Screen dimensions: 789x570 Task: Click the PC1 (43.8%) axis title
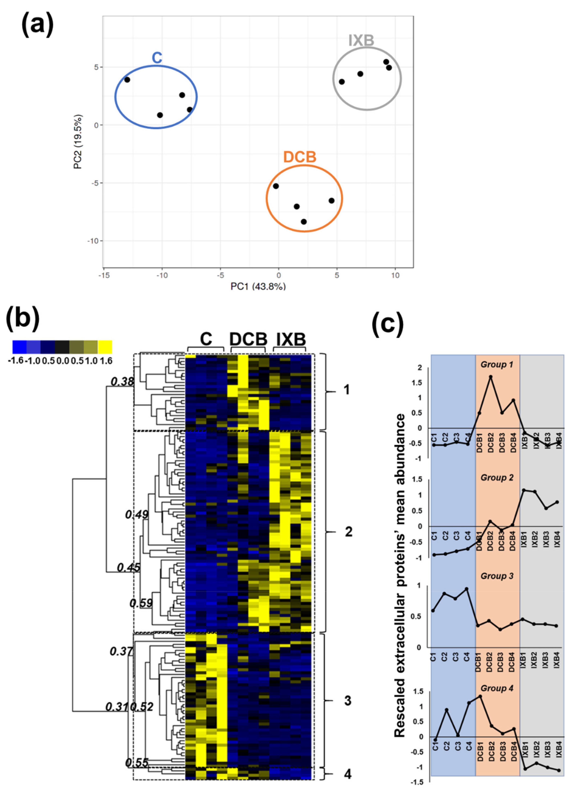(258, 286)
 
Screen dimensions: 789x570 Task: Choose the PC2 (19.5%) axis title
(78, 142)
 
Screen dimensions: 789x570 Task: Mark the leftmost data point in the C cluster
(127, 80)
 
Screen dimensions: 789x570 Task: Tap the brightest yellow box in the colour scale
(105, 347)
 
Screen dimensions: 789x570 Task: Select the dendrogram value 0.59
(141, 603)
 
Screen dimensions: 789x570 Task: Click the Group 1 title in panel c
(497, 365)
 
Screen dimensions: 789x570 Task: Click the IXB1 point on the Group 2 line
(523, 490)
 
